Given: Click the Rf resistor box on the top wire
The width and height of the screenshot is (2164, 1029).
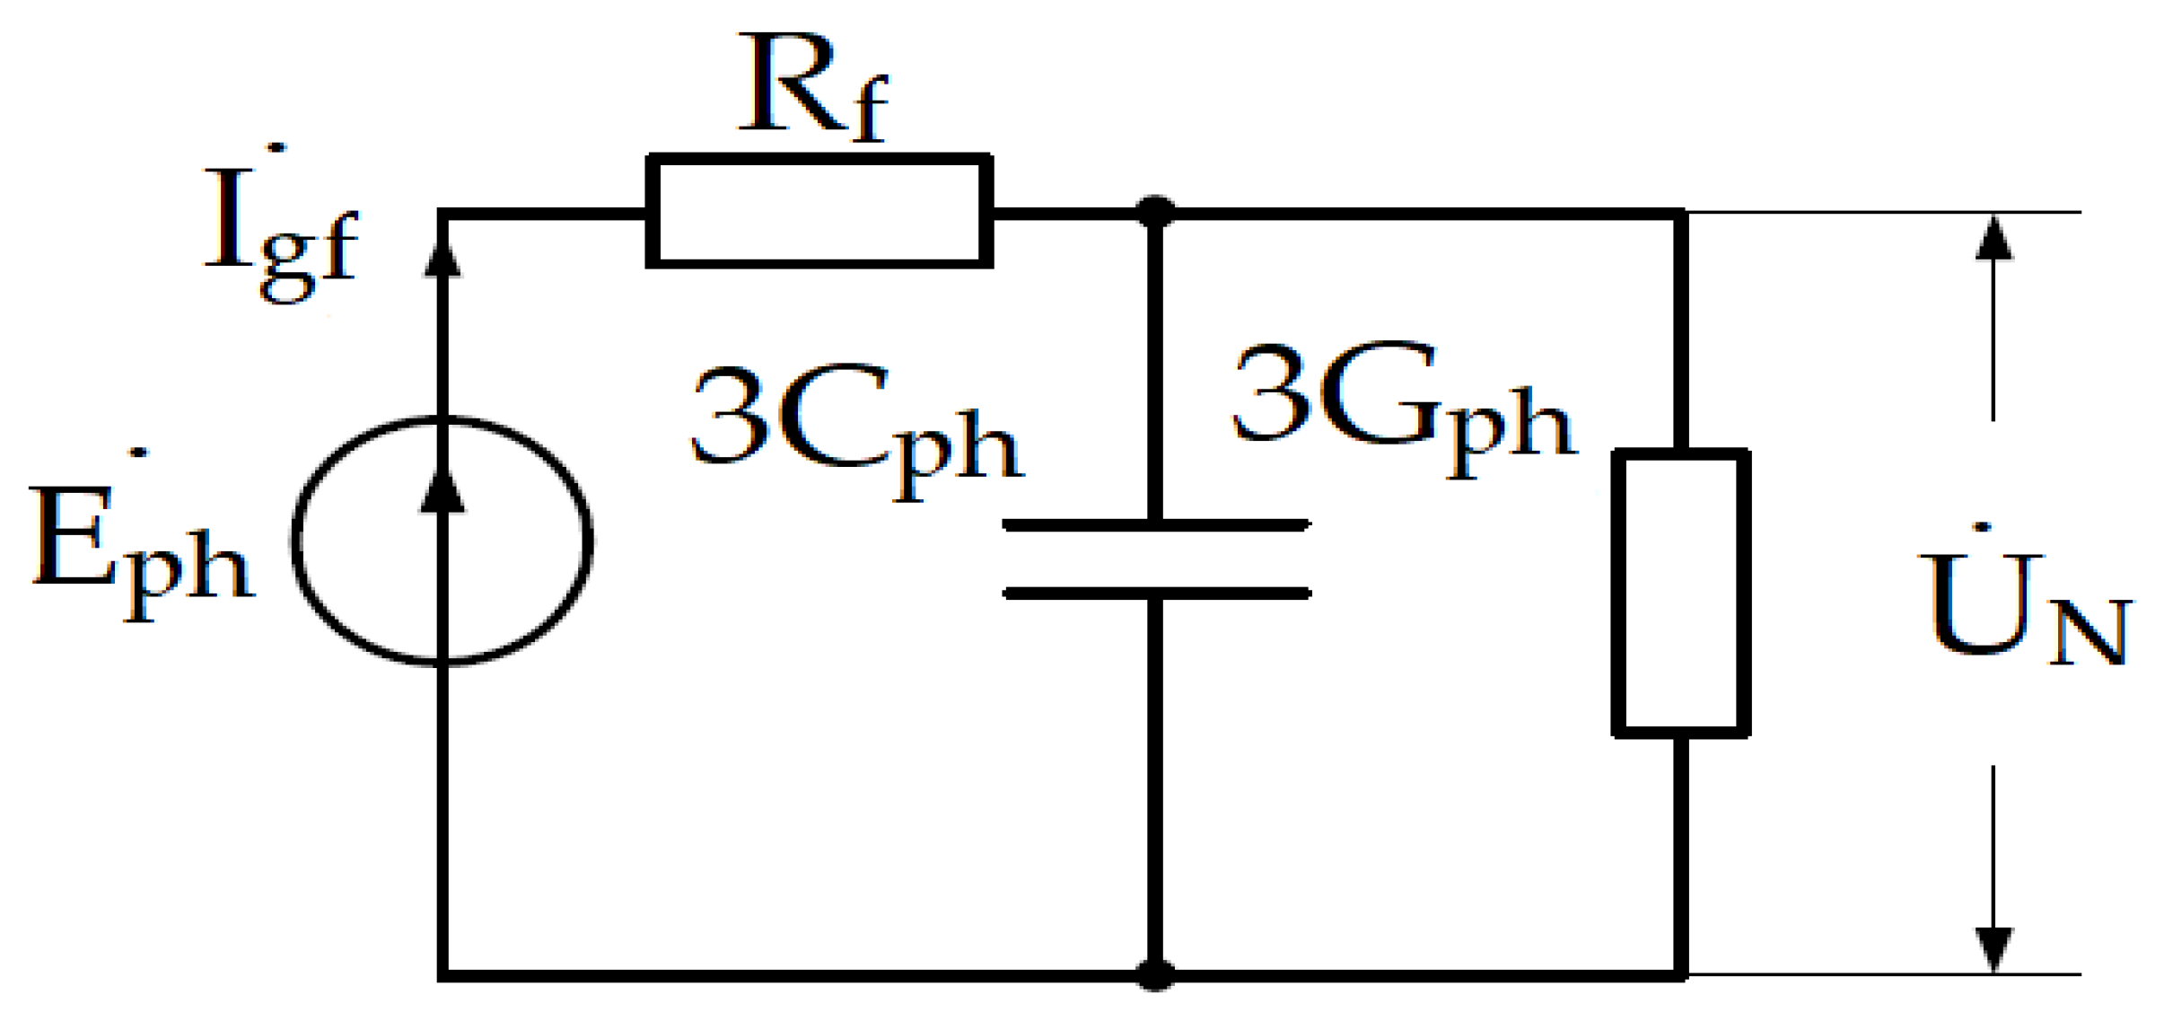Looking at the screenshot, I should click(x=819, y=211).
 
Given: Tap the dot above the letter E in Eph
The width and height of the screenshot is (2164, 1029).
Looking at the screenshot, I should click(x=138, y=453).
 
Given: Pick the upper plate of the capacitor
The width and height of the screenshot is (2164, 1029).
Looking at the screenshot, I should click(x=1156, y=524).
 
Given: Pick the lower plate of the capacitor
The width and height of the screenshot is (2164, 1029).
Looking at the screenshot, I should click(x=1156, y=593).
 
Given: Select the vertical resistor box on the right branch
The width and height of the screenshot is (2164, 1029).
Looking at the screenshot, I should click(x=1680, y=593).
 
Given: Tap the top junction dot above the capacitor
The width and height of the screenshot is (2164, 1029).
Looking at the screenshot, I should click(x=1155, y=212).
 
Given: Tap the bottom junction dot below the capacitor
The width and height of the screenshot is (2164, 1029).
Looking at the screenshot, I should click(x=1155, y=974).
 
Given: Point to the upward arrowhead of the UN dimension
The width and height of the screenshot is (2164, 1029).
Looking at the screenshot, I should click(x=1993, y=239).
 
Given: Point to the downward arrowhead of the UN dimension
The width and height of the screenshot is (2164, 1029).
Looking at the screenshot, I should click(x=1993, y=948).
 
